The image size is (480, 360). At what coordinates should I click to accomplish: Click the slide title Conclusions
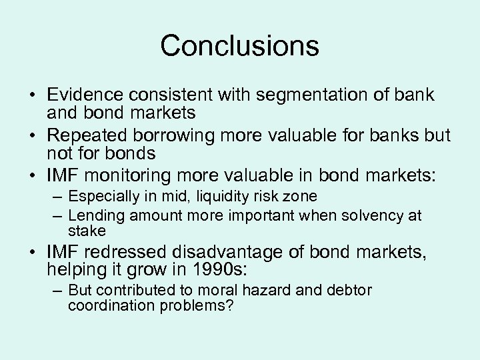(x=239, y=46)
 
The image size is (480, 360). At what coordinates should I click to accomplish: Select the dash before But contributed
(x=59, y=291)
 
